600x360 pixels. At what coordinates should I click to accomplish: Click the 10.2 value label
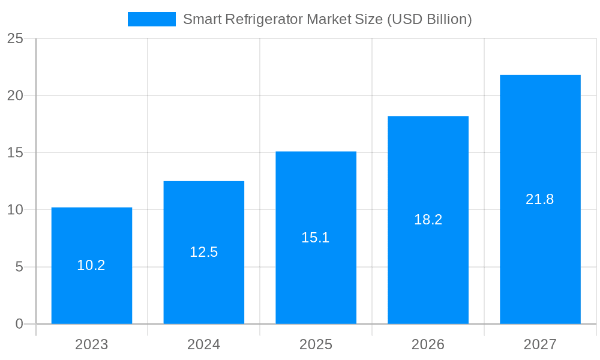(91, 265)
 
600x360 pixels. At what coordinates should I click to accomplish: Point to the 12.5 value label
(204, 252)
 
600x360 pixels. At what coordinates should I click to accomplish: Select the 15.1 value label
(316, 238)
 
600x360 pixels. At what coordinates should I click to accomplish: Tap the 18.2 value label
(428, 220)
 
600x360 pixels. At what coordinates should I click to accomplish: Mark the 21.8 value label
(540, 199)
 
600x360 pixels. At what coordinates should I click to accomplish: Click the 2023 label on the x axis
(92, 344)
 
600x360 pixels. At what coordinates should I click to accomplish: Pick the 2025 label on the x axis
(316, 344)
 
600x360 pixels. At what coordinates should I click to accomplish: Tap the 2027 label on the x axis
(540, 344)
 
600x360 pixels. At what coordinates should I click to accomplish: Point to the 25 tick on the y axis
(15, 38)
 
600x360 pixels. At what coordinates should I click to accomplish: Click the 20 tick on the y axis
(15, 95)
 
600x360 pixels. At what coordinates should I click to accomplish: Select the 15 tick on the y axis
(15, 152)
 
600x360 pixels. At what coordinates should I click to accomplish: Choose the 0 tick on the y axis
(19, 324)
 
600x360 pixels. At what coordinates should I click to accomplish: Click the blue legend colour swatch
(152, 19)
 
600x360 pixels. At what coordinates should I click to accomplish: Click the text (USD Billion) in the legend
(429, 19)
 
